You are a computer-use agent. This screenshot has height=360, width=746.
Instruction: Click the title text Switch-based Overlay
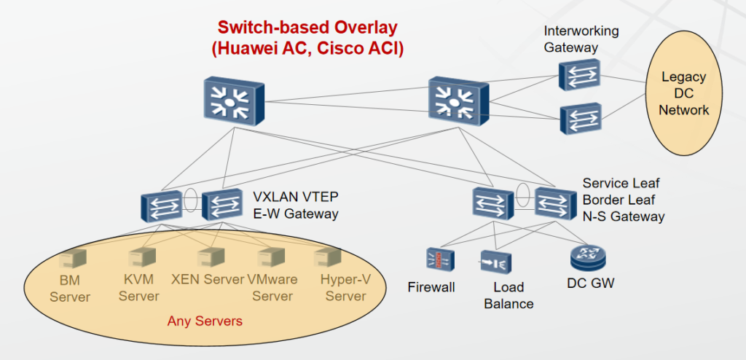pos(307,28)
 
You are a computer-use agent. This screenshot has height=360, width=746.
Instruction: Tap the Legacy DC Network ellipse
pos(684,94)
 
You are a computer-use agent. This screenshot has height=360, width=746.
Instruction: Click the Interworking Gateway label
pos(581,39)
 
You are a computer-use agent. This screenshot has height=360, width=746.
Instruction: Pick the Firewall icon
pos(439,259)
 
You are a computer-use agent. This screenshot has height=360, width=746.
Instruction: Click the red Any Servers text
pos(205,321)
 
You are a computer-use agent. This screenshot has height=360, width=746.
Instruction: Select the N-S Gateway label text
pos(624,216)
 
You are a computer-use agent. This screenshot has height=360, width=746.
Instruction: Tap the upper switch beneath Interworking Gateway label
pos(580,75)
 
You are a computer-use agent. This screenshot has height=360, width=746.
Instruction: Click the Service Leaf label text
pos(621,184)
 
